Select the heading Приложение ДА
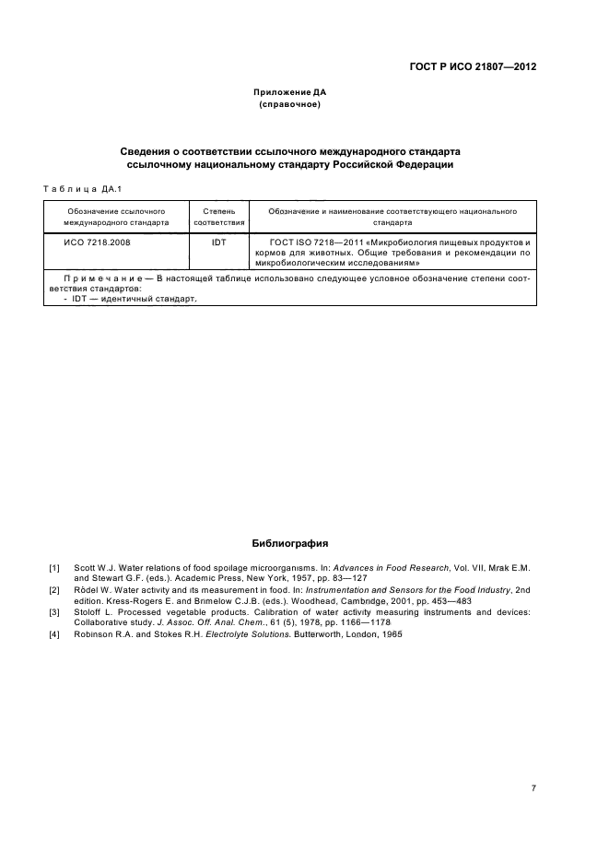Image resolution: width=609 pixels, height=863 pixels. (290, 93)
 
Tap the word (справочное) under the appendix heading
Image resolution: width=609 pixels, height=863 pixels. (290, 106)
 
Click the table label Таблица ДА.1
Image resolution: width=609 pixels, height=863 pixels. (83, 189)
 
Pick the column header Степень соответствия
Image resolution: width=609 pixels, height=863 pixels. (219, 217)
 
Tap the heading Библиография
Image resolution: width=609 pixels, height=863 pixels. (290, 544)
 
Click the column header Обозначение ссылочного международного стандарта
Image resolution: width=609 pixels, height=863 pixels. (116, 217)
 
